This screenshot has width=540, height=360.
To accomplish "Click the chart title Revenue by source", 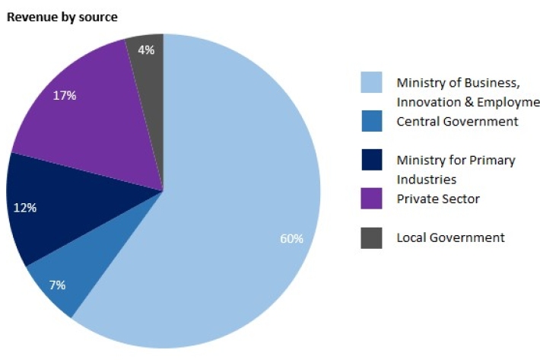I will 62,17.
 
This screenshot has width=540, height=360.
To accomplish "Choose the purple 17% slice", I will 84,122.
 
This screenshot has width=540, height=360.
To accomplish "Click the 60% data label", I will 291,238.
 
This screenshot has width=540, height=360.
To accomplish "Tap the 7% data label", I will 57,285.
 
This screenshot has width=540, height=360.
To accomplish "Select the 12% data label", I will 25,207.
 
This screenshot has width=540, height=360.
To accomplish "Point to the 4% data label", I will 146,50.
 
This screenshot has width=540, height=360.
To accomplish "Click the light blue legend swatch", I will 371,82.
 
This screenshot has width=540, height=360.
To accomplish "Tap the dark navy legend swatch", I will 371,161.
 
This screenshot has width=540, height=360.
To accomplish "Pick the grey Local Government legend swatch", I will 371,237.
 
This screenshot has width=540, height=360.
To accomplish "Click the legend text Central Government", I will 457,122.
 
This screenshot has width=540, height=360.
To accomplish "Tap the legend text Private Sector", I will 438,199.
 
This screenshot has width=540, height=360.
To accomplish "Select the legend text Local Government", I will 450,237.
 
